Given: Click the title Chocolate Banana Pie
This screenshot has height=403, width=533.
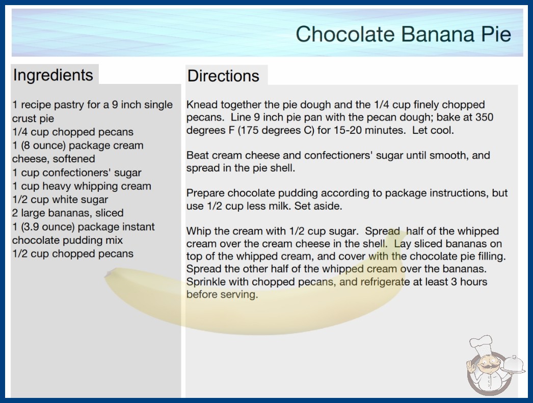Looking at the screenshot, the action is [403, 34].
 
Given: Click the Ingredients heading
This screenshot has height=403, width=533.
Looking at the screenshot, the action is [53, 75].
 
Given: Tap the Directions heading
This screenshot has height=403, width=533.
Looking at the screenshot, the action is [223, 76].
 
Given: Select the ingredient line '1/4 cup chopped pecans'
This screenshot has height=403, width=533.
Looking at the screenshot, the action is [73, 132].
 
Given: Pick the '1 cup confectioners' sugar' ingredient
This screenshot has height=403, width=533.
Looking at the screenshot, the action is [77, 172].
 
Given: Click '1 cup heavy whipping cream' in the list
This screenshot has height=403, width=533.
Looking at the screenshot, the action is [82, 186].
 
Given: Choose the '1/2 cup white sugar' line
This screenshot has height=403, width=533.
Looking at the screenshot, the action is [60, 199].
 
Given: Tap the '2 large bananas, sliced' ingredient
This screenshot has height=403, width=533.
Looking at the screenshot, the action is [68, 213].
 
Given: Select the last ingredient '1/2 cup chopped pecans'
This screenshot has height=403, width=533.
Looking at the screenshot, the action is [73, 253].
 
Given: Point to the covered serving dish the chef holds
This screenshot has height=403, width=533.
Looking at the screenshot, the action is [513, 364].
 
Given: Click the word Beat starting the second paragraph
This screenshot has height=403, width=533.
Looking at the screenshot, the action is [197, 155].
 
